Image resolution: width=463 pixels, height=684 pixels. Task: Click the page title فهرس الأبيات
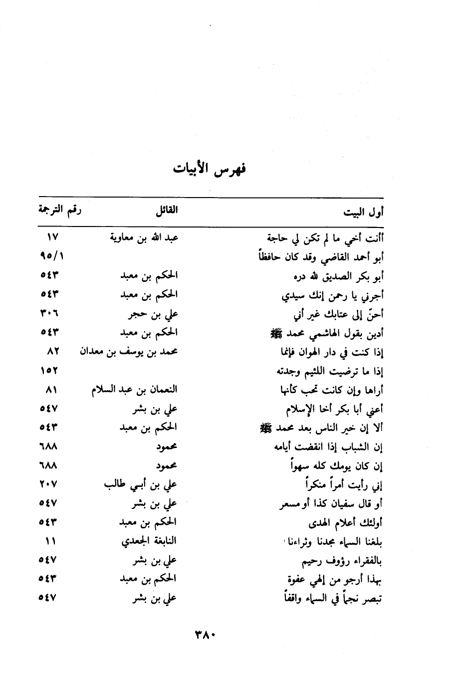tap(210, 170)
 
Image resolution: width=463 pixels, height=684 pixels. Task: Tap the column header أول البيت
tap(363, 213)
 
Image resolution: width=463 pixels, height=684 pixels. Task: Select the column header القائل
tap(167, 211)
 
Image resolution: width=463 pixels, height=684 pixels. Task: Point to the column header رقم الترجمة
tap(60, 210)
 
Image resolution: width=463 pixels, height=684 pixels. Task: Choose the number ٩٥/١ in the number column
tap(52, 256)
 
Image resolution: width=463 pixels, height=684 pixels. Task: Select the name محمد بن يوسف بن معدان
tap(129, 352)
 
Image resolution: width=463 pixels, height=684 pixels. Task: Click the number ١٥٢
tap(49, 371)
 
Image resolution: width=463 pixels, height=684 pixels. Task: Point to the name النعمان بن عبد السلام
tap(135, 390)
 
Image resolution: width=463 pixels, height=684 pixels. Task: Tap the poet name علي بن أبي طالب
tap(141, 484)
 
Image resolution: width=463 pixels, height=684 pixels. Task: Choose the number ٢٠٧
tap(49, 484)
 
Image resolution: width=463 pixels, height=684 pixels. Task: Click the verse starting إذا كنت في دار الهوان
tap(332, 352)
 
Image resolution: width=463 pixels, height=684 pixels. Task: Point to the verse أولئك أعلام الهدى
tap(346, 523)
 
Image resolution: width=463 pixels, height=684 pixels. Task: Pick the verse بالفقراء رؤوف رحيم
tap(342, 561)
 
